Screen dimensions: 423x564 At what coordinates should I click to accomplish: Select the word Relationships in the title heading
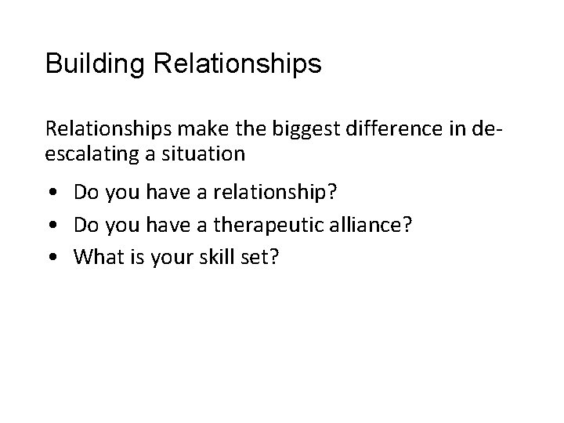237,63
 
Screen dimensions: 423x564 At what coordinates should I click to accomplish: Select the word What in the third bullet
96,258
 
